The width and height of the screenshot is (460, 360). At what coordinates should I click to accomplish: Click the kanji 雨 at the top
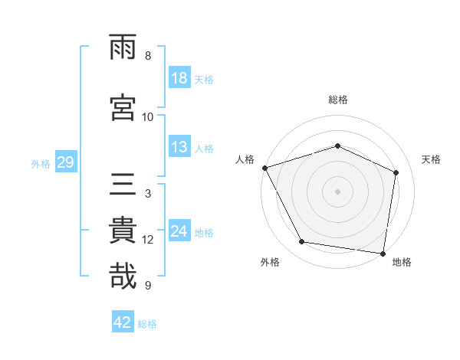click(x=123, y=48)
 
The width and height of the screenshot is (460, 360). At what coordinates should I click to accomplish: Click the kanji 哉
click(x=123, y=276)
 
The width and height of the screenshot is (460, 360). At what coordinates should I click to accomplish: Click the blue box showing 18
click(x=179, y=79)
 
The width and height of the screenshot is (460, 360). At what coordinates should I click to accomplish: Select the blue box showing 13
click(x=179, y=148)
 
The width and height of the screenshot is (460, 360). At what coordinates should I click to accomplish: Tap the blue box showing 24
click(x=179, y=232)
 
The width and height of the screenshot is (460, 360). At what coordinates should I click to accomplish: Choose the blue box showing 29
click(x=65, y=163)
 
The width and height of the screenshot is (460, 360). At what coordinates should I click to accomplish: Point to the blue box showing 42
click(x=123, y=322)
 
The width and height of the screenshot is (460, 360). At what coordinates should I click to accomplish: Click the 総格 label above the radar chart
click(x=338, y=100)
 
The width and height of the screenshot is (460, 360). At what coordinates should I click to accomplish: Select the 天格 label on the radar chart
click(x=432, y=159)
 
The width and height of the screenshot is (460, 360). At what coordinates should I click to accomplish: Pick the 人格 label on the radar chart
click(x=245, y=159)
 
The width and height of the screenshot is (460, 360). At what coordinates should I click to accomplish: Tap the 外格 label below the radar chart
click(x=270, y=262)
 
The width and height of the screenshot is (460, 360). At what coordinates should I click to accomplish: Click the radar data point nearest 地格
click(x=383, y=253)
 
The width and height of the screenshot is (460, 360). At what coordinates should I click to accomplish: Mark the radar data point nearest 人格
click(x=264, y=168)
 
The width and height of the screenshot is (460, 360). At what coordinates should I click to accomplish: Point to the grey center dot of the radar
click(x=338, y=191)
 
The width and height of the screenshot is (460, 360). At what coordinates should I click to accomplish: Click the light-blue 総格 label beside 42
click(x=147, y=324)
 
